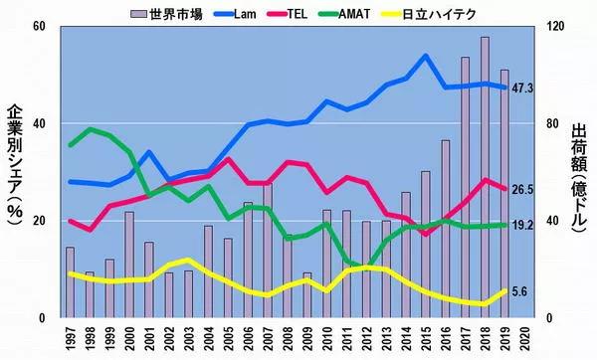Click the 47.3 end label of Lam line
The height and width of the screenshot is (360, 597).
(522, 88)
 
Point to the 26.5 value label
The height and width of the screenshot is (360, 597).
(522, 190)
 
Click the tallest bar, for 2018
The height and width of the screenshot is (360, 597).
(485, 179)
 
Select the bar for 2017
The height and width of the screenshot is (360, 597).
(465, 189)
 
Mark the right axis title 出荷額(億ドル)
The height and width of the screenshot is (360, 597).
(581, 179)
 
